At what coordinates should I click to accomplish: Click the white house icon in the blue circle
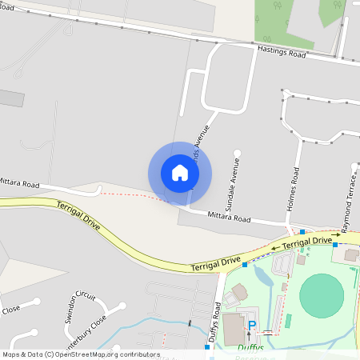click(x=180, y=173)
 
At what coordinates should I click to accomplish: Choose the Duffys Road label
click(x=214, y=325)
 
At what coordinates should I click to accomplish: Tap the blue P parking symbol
click(x=252, y=326)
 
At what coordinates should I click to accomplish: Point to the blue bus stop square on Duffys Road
click(x=207, y=347)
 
